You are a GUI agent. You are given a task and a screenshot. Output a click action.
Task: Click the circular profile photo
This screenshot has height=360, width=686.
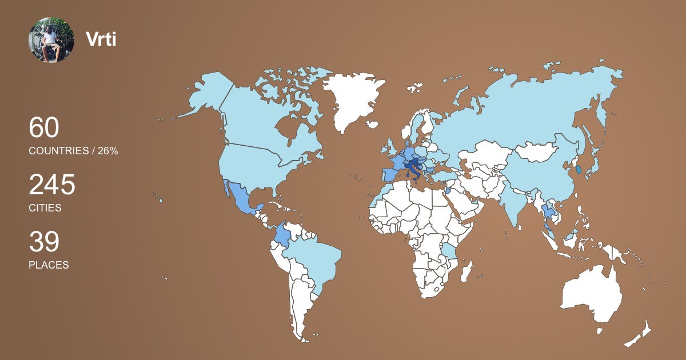click(x=51, y=39)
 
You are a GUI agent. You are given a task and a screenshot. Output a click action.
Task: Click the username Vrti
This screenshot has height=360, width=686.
click(x=101, y=39)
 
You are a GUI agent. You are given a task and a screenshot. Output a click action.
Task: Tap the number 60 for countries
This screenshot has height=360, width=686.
click(x=44, y=127)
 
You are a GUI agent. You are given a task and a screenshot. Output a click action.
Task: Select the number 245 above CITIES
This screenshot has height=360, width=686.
click(x=52, y=185)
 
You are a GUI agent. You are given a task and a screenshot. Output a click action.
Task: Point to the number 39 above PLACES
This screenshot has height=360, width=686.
click(x=44, y=242)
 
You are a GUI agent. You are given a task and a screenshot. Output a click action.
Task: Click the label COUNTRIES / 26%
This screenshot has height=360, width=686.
click(x=73, y=151)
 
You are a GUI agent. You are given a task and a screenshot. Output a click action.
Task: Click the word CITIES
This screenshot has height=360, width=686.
click(x=45, y=208)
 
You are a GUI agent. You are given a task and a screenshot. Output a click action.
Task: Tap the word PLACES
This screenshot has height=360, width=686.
click(x=49, y=265)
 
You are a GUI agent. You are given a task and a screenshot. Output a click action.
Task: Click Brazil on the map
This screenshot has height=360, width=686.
click(x=314, y=263)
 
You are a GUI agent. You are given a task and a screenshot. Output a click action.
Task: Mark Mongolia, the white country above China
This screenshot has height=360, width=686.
click(x=537, y=151)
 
